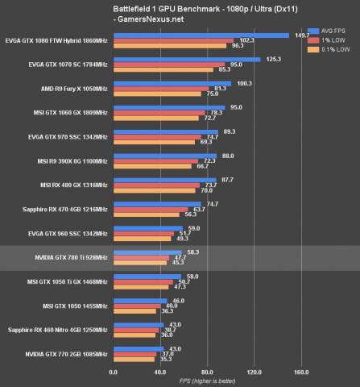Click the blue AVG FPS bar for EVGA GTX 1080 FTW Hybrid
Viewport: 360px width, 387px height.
pos(201,35)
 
